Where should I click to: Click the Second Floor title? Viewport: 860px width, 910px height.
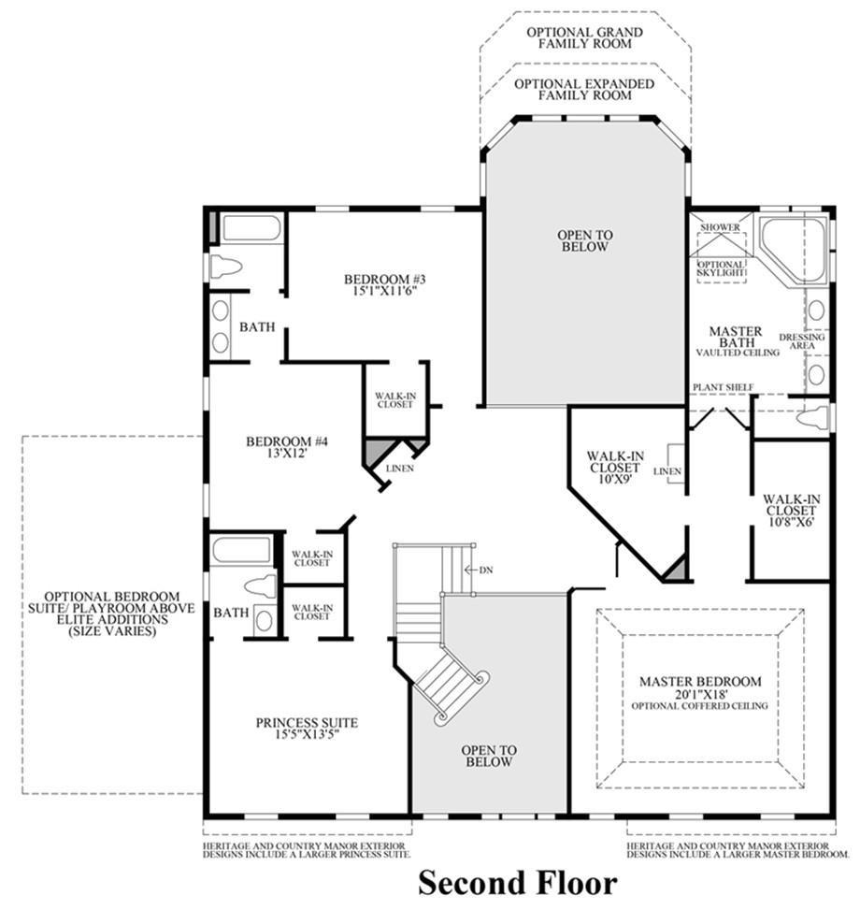coord(517,882)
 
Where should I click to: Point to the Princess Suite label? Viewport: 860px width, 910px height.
coord(308,722)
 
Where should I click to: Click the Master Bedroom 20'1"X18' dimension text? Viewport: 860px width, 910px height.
coord(700,694)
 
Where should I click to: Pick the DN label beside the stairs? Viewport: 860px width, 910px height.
coord(485,570)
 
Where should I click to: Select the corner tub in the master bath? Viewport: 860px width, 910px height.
coord(791,247)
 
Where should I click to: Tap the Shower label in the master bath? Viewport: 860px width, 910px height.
coord(722,227)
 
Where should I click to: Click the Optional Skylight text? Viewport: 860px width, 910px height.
coord(721,268)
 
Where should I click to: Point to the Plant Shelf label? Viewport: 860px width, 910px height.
coord(723,387)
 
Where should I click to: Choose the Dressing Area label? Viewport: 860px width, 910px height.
coord(801,341)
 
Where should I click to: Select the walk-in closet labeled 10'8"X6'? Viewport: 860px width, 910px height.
coord(791,511)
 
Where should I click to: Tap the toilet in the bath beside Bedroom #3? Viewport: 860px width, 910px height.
coord(226,267)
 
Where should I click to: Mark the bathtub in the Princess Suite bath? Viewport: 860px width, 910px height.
coord(240,550)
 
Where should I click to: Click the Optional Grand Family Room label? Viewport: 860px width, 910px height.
coord(584,37)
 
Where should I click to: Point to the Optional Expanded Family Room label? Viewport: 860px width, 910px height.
coord(584,89)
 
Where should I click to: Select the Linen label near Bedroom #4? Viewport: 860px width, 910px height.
coord(403,468)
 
